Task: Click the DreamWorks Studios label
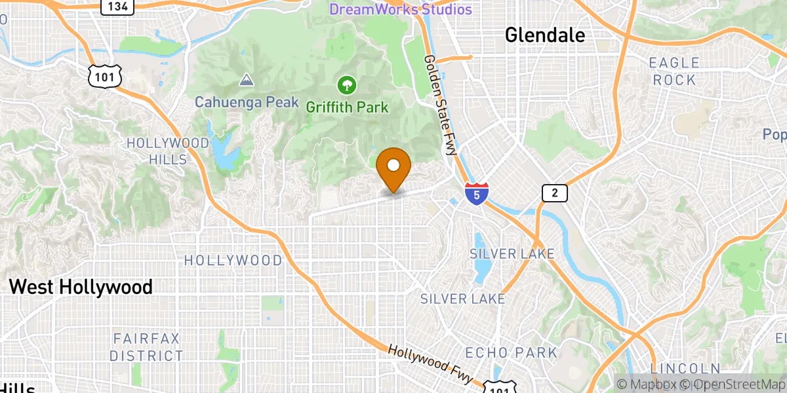[400, 10]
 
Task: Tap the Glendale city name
[545, 35]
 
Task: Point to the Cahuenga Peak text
[247, 103]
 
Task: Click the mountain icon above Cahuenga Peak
[247, 81]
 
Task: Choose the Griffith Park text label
[348, 106]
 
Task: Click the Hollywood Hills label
[157, 151]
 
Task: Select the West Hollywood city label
[81, 287]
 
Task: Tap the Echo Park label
[511, 353]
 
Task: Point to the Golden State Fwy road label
[440, 105]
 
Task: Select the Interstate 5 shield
[477, 194]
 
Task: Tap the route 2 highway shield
[554, 193]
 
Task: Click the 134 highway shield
[118, 7]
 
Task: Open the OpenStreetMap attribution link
[731, 384]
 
